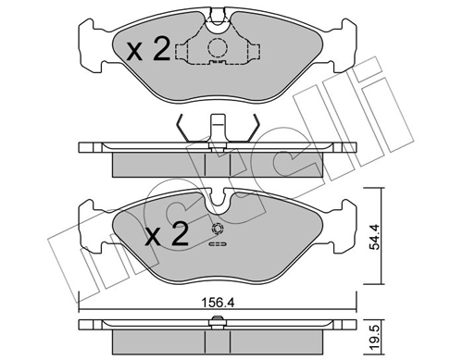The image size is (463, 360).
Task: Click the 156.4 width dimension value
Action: click(x=218, y=303)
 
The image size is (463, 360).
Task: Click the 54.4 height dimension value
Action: click(x=375, y=237)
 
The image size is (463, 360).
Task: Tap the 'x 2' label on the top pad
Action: click(x=148, y=49)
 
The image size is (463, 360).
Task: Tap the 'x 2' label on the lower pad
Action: click(x=167, y=234)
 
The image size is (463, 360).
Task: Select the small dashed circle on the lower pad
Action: click(x=218, y=230)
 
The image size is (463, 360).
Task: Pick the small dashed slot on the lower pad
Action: click(x=218, y=244)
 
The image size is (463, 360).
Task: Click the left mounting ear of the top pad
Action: click(x=91, y=45)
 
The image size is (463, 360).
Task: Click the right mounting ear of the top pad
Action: click(x=344, y=45)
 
